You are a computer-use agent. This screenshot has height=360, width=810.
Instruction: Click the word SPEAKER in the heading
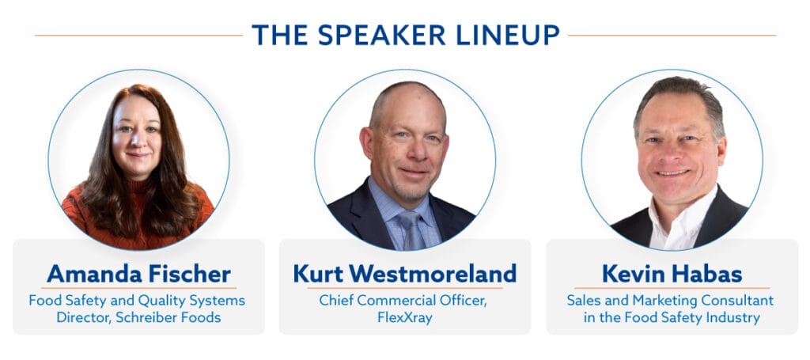tap(380, 35)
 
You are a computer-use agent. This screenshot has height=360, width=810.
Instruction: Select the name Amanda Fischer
tap(138, 274)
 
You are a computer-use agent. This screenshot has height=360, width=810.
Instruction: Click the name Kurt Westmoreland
tap(404, 274)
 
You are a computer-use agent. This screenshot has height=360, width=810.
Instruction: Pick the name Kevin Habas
tap(672, 274)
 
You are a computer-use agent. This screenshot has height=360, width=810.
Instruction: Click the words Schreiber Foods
tap(168, 317)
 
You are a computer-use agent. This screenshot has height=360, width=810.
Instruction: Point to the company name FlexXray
tap(404, 317)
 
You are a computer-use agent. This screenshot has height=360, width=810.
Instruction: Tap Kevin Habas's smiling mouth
tap(672, 173)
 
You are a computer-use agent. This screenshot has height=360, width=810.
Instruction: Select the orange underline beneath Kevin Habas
tap(672, 288)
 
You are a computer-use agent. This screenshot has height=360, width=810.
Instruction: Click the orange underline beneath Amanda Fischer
tap(138, 288)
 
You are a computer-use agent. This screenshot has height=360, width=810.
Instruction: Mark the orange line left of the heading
tap(138, 36)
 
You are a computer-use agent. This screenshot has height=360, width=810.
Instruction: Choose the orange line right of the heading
tap(672, 36)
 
